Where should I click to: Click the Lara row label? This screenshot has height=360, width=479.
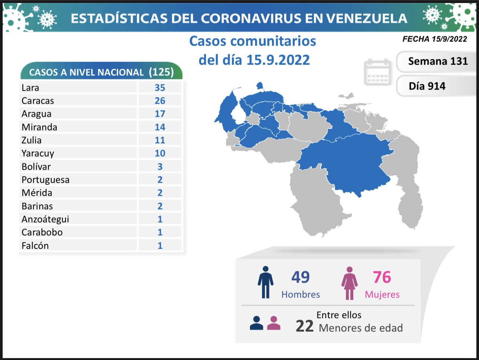(30, 88)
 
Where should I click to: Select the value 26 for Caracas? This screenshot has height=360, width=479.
(160, 101)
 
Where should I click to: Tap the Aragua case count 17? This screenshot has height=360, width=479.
(160, 114)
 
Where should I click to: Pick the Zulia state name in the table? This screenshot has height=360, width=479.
(31, 140)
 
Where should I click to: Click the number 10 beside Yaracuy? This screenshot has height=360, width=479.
(160, 153)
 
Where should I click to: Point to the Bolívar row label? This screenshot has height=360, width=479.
(36, 167)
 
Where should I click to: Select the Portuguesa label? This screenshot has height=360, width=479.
(46, 180)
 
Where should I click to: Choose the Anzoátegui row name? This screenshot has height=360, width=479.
(45, 219)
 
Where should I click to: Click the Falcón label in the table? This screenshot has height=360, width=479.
(35, 246)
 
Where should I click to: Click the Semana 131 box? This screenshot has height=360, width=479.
(438, 61)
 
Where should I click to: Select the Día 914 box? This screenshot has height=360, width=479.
(427, 86)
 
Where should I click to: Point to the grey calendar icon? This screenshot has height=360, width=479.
(377, 72)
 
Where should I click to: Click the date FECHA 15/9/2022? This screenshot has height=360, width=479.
(435, 39)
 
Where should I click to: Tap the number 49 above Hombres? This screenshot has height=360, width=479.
(300, 277)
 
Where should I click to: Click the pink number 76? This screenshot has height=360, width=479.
(382, 277)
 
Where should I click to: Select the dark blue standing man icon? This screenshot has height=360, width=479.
(265, 282)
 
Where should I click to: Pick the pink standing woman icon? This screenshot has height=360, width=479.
(349, 283)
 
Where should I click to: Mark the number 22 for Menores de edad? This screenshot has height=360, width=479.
(304, 326)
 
